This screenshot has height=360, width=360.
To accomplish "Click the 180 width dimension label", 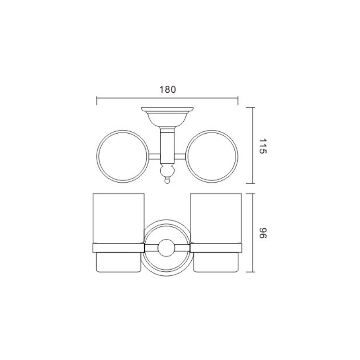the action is pos(167,90).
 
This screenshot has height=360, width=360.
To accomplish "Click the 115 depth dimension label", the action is pos(262,146).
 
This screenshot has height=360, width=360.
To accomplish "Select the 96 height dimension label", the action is pos(262,233).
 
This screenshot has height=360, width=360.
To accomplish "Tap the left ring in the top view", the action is pos(97,157).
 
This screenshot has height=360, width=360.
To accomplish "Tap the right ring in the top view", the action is pos(238,157).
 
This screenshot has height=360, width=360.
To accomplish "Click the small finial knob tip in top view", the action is pos(167,181).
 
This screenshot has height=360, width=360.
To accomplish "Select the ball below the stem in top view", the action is pos(167,171).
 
